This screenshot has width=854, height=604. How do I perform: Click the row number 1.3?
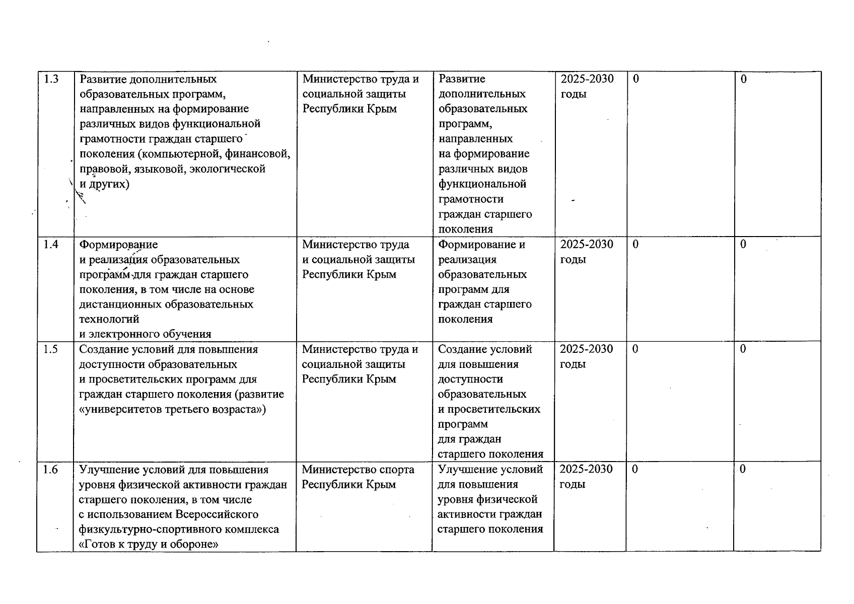coord(51,79)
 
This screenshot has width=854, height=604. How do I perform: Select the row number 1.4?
coord(51,245)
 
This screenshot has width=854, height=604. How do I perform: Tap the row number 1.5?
coord(51,349)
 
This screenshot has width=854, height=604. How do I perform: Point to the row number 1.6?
coord(51,470)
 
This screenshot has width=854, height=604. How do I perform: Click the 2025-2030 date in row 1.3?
coord(587,79)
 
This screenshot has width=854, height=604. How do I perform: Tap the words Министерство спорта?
coord(358,470)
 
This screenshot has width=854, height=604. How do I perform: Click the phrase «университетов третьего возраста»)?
coord(173,409)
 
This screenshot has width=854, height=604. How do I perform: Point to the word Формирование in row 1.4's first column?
coord(119,245)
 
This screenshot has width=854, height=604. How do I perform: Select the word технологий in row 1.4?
coord(109,319)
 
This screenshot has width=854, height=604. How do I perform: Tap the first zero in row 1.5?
coord(635,349)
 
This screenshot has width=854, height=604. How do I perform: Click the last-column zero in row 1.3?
coord(743,79)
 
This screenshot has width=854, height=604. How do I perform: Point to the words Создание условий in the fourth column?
coord(485,349)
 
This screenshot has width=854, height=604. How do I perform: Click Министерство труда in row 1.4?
coord(355,245)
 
